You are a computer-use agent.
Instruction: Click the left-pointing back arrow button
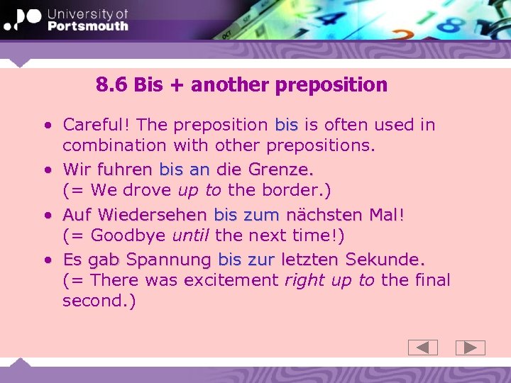(x=423, y=348)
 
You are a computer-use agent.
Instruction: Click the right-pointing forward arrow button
(x=470, y=348)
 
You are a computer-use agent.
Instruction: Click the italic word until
(x=190, y=235)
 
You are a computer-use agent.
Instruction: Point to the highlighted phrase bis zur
(x=246, y=260)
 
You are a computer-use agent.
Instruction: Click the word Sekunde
(x=385, y=260)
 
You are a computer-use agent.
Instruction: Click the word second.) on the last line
(x=99, y=301)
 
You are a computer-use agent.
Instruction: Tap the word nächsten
(x=324, y=215)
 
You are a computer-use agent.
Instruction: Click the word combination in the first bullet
(x=112, y=145)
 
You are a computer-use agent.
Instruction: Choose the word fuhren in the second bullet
(x=125, y=170)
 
